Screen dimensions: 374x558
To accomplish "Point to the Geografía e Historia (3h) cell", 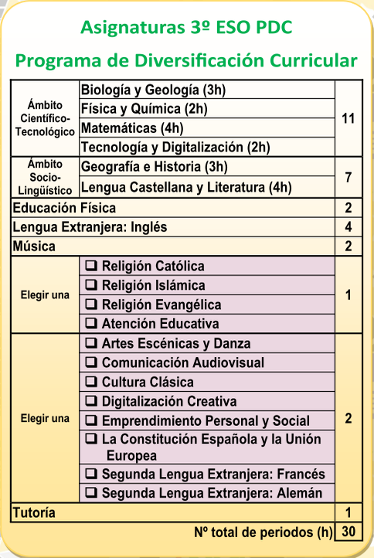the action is (154, 167).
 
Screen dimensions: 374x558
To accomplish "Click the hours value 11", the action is (348, 118).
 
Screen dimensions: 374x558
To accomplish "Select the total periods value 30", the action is (348, 532).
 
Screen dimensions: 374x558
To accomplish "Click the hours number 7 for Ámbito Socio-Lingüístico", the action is (348, 177).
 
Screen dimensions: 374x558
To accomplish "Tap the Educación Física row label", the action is (64, 208).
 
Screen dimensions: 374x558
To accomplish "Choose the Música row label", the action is (34, 247).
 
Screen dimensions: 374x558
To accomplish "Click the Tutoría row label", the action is (35, 512).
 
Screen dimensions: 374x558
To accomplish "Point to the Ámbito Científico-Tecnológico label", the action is (44, 118).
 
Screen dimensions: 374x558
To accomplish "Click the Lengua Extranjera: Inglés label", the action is (90, 227).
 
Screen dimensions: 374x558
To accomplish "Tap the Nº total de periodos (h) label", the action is (263, 532).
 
